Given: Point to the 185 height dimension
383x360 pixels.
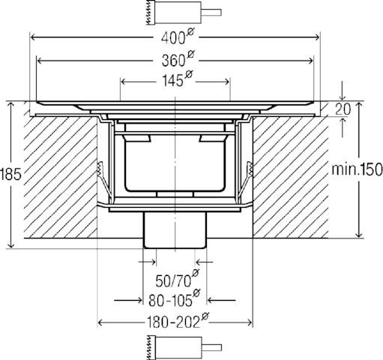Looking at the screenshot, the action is pos(10,174).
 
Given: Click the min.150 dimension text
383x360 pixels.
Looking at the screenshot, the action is pos(357,169).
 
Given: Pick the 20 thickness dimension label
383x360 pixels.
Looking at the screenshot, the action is pos(343,109).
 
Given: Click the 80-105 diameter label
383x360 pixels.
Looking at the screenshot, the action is pos(174,298).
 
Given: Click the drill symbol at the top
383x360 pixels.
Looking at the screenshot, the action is pos(184,13).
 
